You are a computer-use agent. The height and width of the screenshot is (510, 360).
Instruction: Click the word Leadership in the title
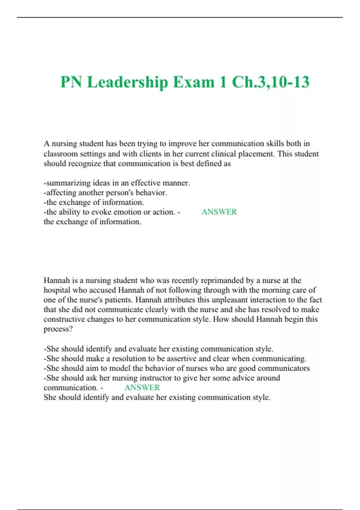[127, 82]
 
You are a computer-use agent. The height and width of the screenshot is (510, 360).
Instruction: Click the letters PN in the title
[71, 82]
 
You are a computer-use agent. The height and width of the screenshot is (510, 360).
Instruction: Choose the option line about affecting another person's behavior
[105, 192]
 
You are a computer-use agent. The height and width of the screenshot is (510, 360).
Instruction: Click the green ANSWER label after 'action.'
[219, 212]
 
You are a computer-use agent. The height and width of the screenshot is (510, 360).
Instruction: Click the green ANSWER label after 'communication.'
[142, 387]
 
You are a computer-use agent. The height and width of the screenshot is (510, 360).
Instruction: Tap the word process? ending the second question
[58, 329]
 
